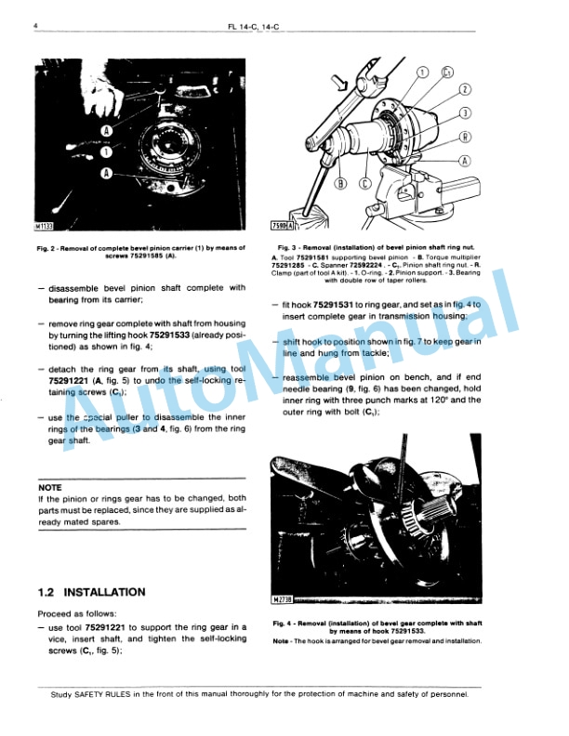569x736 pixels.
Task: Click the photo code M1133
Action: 47,225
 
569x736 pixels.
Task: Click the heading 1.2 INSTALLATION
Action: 91,592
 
